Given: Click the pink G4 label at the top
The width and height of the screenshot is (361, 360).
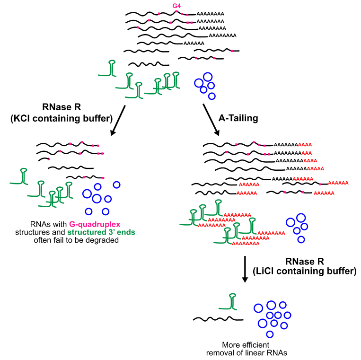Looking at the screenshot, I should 176,6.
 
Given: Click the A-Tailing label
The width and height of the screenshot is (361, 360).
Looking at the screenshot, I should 238,118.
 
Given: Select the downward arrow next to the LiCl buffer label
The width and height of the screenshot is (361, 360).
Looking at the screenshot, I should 245,270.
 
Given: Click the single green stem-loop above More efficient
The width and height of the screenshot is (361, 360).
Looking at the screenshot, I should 231,303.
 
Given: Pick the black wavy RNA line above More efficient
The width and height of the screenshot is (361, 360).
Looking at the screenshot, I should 214,319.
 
